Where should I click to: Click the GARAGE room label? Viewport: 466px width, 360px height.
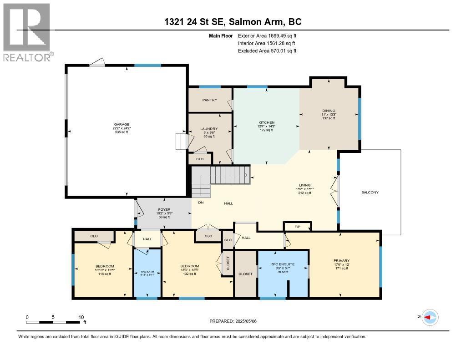[x=122, y=124]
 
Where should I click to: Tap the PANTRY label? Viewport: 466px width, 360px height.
[x=209, y=100]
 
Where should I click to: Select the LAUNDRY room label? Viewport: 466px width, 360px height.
[x=209, y=129]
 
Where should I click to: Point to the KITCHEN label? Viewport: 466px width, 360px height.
[x=267, y=122]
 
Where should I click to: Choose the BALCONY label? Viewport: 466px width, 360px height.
[x=370, y=192]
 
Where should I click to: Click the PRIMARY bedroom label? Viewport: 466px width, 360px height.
[x=341, y=261]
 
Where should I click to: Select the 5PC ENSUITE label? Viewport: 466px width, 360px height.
[x=283, y=264]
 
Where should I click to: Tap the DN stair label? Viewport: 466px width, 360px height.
[x=201, y=203]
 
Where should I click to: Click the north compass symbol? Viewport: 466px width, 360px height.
[x=430, y=317]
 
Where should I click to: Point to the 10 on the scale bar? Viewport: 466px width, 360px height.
[x=81, y=317]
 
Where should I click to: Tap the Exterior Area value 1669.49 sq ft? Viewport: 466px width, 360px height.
[x=282, y=35]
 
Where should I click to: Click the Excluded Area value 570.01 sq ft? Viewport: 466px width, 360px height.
[x=282, y=51]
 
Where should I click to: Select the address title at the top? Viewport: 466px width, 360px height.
[x=233, y=22]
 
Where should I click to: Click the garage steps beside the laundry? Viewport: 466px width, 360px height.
[x=181, y=142]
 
